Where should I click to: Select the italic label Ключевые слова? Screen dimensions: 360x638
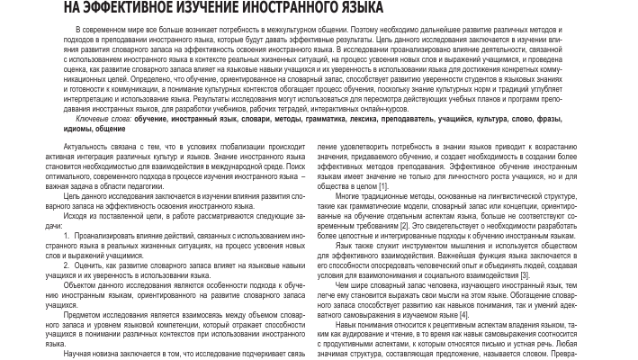point(80,119)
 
